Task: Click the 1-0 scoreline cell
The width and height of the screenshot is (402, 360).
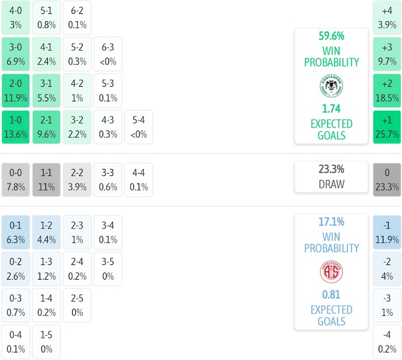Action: [x=16, y=127]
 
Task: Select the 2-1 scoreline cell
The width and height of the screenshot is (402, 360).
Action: [x=47, y=127]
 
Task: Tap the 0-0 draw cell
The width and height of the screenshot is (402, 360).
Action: [x=16, y=179]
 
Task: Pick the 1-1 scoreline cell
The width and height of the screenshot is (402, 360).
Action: [x=47, y=179]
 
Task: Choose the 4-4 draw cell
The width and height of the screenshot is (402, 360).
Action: [x=139, y=179]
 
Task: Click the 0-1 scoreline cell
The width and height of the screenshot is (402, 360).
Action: [x=16, y=232]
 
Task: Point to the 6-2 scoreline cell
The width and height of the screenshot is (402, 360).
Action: [x=77, y=17]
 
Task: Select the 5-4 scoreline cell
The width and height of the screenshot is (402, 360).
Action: [x=139, y=127]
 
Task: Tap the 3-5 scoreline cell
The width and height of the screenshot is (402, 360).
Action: [x=108, y=269]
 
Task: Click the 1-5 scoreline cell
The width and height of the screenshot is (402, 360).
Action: [x=47, y=343]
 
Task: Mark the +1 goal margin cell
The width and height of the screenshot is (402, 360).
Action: [x=387, y=127]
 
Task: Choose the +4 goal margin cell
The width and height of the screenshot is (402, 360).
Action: [x=387, y=17]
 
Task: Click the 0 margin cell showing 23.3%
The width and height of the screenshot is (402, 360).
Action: [x=387, y=179]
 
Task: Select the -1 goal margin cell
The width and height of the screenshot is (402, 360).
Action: [x=387, y=232]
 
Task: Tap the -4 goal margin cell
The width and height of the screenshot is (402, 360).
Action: [x=387, y=343]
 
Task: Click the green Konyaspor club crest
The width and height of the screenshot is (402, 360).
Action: [x=331, y=86]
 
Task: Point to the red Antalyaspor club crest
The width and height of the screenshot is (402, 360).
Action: [x=331, y=271]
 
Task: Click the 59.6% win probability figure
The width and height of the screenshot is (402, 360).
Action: [x=331, y=36]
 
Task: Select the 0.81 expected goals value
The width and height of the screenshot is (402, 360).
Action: [x=331, y=294]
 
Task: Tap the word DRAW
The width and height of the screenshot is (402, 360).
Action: [x=331, y=185]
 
